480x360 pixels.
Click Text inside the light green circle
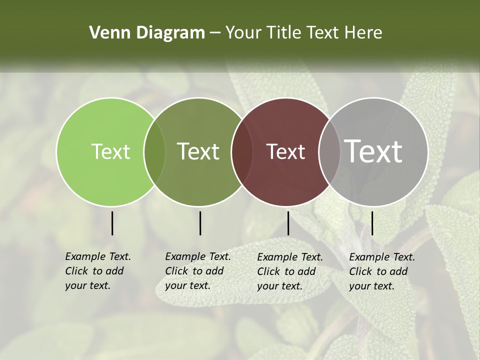[110, 151]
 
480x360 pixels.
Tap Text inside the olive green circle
[198, 151]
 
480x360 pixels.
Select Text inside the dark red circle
[286, 151]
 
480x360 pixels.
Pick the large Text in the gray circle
[373, 151]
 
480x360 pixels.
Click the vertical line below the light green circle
[112, 223]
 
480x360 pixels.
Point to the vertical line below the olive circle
[200, 223]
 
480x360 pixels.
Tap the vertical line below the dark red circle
[288, 223]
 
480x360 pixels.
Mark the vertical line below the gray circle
[372, 223]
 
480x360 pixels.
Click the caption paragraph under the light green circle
[97, 271]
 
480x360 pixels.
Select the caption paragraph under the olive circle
[197, 271]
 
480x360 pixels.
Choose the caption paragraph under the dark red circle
[289, 271]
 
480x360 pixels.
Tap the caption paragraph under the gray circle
[381, 271]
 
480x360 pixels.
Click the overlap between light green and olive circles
[154, 152]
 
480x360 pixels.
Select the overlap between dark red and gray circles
[328, 152]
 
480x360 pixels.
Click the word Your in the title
[243, 33]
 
